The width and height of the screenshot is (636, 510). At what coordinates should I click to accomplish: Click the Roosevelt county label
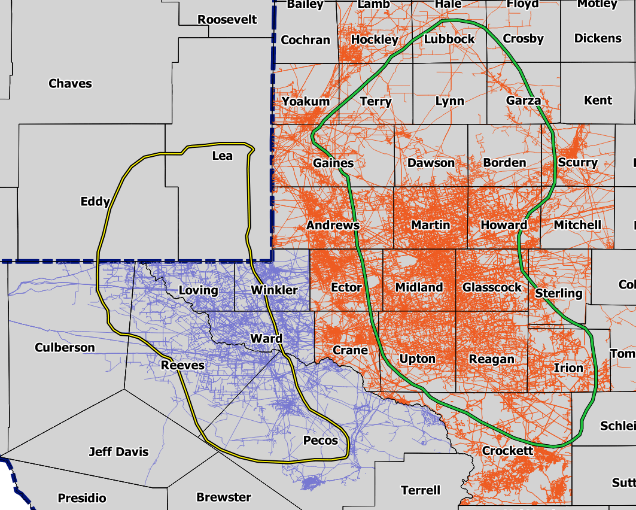click(227, 20)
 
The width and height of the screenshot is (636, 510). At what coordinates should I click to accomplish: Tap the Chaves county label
click(71, 84)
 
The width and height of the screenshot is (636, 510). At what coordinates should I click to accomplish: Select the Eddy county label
click(95, 202)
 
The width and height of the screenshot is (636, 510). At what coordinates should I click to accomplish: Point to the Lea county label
click(223, 156)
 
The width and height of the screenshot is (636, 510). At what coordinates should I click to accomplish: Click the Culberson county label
click(65, 348)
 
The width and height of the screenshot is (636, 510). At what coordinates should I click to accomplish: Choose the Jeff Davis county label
click(118, 452)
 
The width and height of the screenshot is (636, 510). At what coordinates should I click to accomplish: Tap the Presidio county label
click(82, 482)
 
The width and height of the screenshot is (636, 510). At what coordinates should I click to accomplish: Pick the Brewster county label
click(224, 481)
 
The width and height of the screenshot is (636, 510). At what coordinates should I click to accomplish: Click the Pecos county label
click(321, 441)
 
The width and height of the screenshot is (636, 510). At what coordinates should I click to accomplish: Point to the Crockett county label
click(507, 451)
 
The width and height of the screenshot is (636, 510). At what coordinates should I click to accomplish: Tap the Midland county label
click(419, 287)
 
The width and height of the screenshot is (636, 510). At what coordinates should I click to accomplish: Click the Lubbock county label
click(449, 40)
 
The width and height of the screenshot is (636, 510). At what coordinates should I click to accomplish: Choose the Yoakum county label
click(306, 102)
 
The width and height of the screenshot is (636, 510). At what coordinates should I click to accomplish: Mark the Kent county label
click(598, 101)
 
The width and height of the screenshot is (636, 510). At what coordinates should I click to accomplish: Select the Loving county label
click(199, 291)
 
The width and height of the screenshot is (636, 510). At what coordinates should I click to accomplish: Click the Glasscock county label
click(492, 287)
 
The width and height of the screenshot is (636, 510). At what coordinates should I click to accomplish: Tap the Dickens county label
click(598, 38)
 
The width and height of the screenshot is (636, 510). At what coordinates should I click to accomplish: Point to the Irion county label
click(568, 368)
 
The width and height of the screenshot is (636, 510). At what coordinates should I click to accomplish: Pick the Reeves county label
click(182, 366)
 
